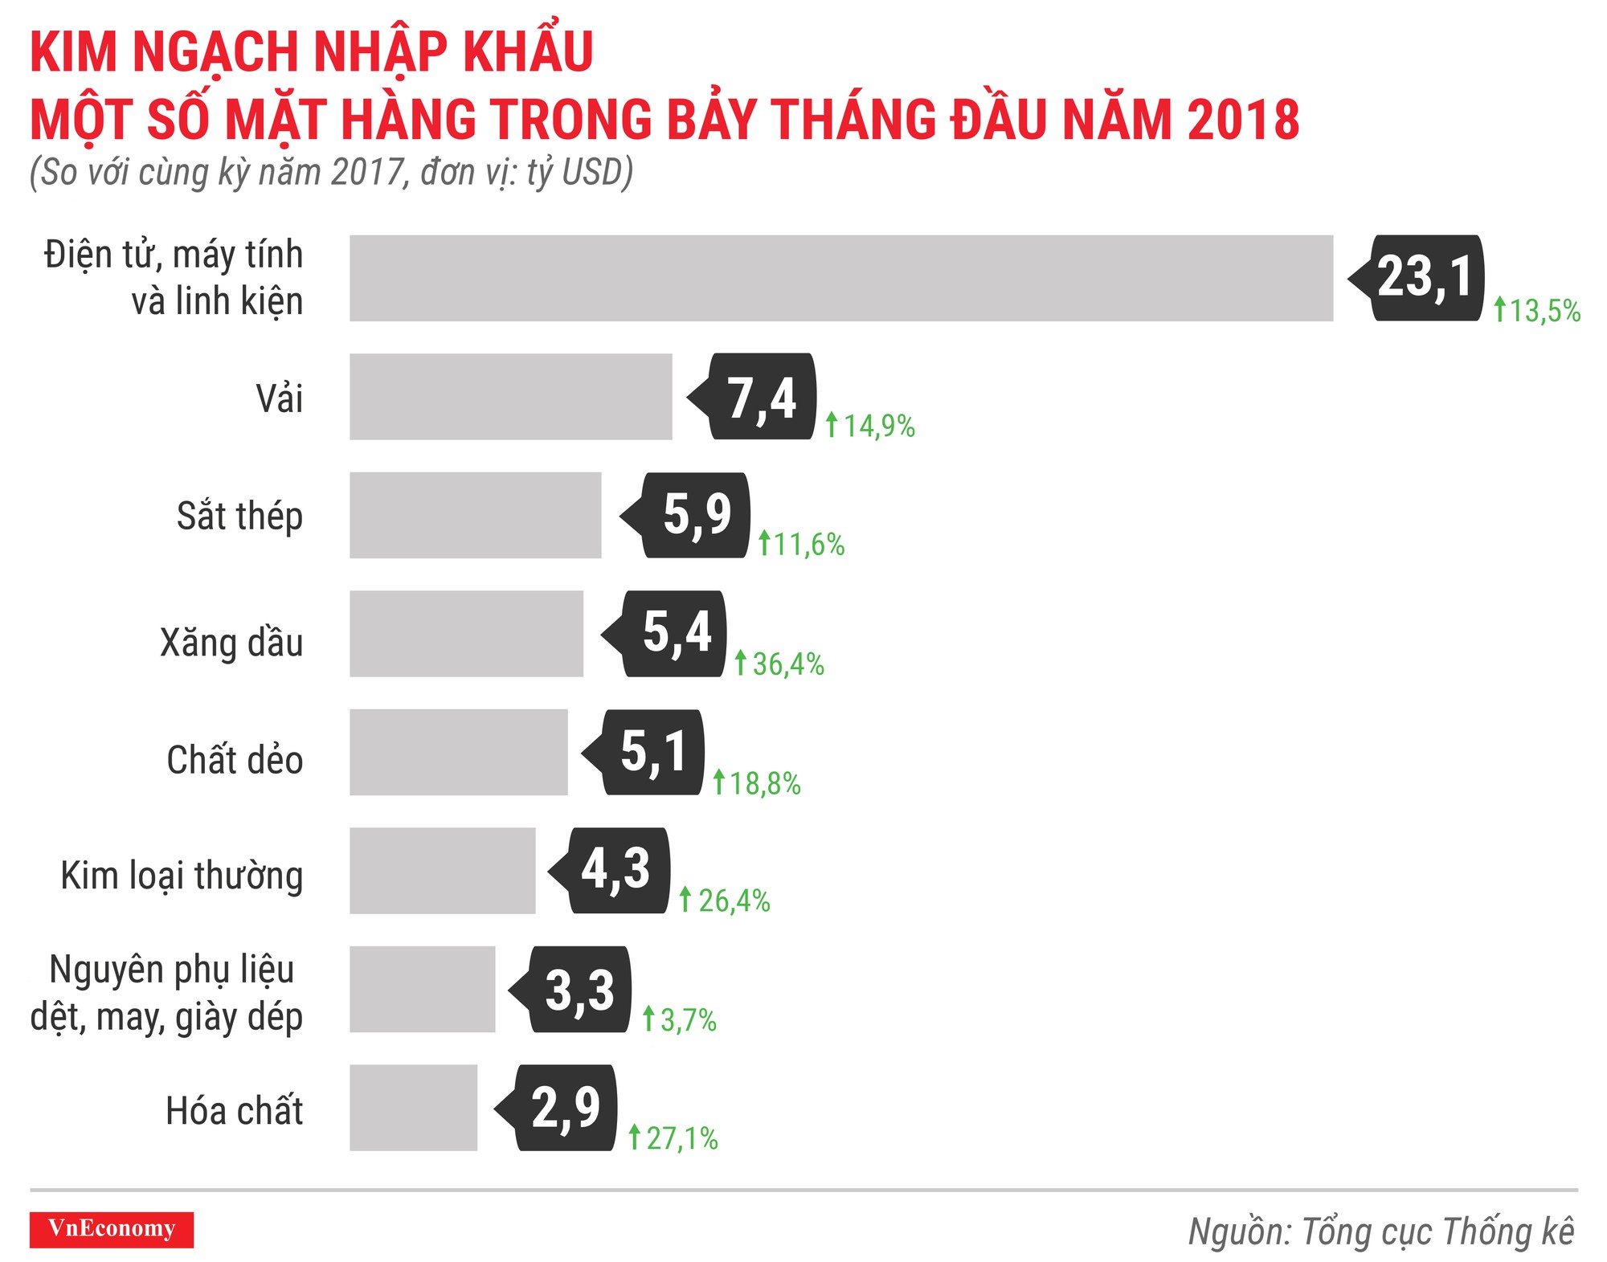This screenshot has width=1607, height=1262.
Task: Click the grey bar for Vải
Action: click(x=510, y=397)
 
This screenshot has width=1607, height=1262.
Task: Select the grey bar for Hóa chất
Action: click(x=413, y=1108)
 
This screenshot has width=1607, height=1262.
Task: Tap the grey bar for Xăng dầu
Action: click(x=466, y=634)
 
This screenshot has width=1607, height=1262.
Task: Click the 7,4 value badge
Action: click(x=760, y=397)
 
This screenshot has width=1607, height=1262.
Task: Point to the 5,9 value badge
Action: click(x=695, y=515)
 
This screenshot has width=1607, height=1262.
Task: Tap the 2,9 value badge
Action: click(x=565, y=1108)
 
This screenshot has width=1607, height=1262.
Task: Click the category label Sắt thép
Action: click(x=239, y=516)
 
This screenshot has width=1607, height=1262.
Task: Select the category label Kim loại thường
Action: click(x=182, y=876)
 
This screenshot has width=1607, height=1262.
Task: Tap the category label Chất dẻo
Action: click(x=235, y=760)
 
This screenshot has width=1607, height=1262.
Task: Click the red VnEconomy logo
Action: click(x=112, y=1229)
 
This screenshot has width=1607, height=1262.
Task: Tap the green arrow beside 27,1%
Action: click(x=634, y=1137)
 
